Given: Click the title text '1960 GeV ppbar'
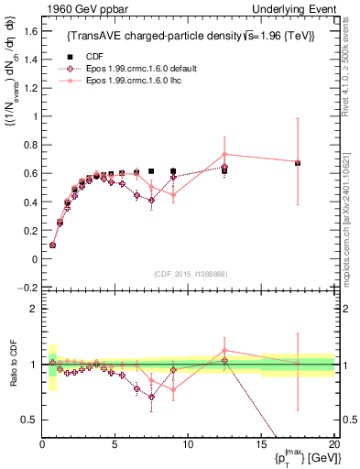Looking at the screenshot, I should pos(81,8).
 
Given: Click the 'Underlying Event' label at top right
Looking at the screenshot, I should pos(297,8).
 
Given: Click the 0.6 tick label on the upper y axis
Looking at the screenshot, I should pos(28,173).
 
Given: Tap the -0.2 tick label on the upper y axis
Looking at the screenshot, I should pos(27,288).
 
